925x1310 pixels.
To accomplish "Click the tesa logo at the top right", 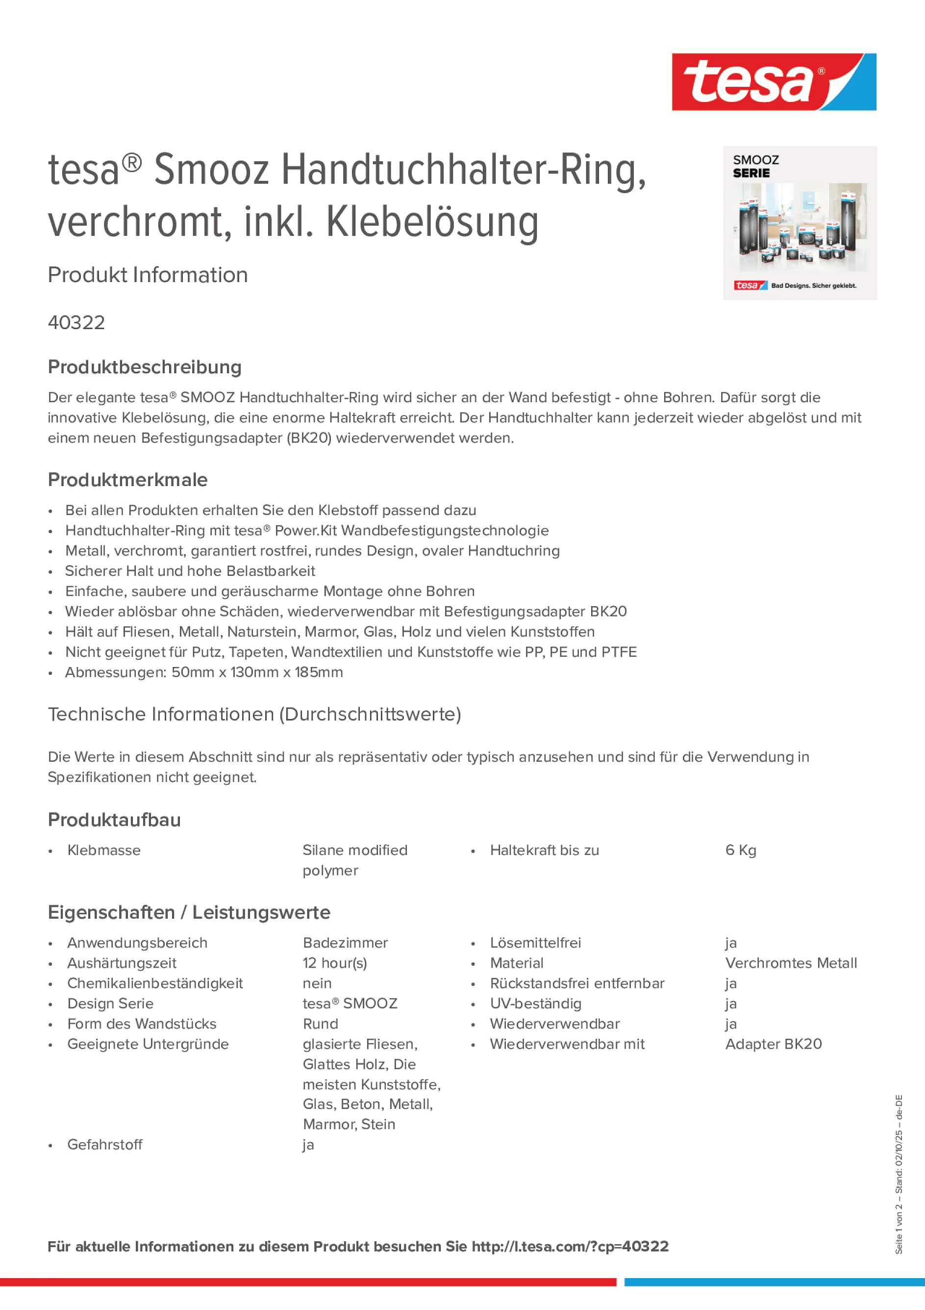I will (774, 82).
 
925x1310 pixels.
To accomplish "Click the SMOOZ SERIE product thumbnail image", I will (800, 223).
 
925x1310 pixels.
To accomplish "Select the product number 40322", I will (76, 323).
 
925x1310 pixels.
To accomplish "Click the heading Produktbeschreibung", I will (145, 367).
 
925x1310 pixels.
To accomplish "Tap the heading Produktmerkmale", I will (128, 480).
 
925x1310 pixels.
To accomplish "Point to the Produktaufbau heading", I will (114, 820).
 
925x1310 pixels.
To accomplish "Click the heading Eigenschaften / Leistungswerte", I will (189, 912).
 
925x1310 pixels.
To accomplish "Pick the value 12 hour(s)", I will (335, 963).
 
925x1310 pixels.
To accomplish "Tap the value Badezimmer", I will (345, 943).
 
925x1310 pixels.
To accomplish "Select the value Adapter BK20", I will (774, 1044).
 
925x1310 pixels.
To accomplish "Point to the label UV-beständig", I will (535, 1003).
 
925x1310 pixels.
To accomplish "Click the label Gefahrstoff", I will (105, 1145).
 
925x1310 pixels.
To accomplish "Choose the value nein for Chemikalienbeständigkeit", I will (317, 983).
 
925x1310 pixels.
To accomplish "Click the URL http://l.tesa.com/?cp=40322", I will (570, 1247).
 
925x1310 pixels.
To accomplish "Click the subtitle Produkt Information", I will (148, 275).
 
